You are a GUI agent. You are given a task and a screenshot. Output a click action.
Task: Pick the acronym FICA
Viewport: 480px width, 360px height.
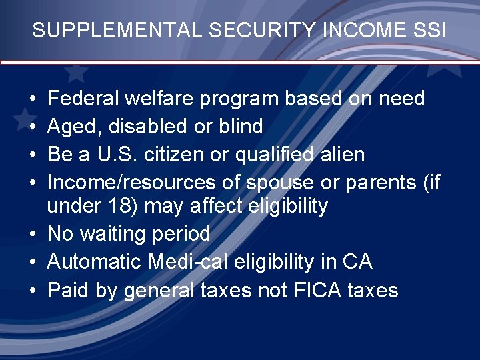click(x=321, y=290)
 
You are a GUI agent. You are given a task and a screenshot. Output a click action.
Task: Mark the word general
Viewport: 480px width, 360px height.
click(x=154, y=291)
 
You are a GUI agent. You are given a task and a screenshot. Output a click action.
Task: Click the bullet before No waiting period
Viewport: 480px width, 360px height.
click(x=33, y=235)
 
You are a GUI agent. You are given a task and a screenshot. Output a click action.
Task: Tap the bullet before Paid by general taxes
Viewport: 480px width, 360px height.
click(x=33, y=291)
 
